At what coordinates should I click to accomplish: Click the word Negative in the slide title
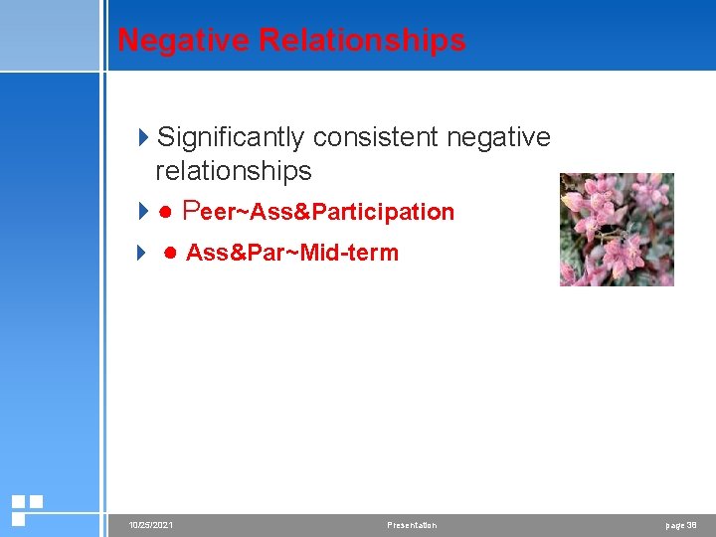coord(183,40)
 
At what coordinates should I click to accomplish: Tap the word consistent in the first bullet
coord(377,136)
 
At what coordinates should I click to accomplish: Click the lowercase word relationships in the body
coord(233,171)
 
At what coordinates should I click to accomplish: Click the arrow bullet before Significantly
coord(143,137)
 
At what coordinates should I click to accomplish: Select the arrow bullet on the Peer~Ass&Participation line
coord(143,212)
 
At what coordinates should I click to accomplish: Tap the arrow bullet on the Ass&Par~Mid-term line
coord(143,253)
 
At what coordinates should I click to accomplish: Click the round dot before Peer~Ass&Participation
coord(166,212)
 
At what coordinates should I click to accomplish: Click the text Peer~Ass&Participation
coord(319,212)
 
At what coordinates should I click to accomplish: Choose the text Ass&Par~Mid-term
coord(292,253)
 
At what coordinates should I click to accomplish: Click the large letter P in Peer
coord(193,211)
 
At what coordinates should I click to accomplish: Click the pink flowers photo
coord(617,230)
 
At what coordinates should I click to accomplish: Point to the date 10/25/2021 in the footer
coord(150,525)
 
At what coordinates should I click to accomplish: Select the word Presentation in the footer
coord(412,525)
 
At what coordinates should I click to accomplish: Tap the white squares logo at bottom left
coord(26,510)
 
